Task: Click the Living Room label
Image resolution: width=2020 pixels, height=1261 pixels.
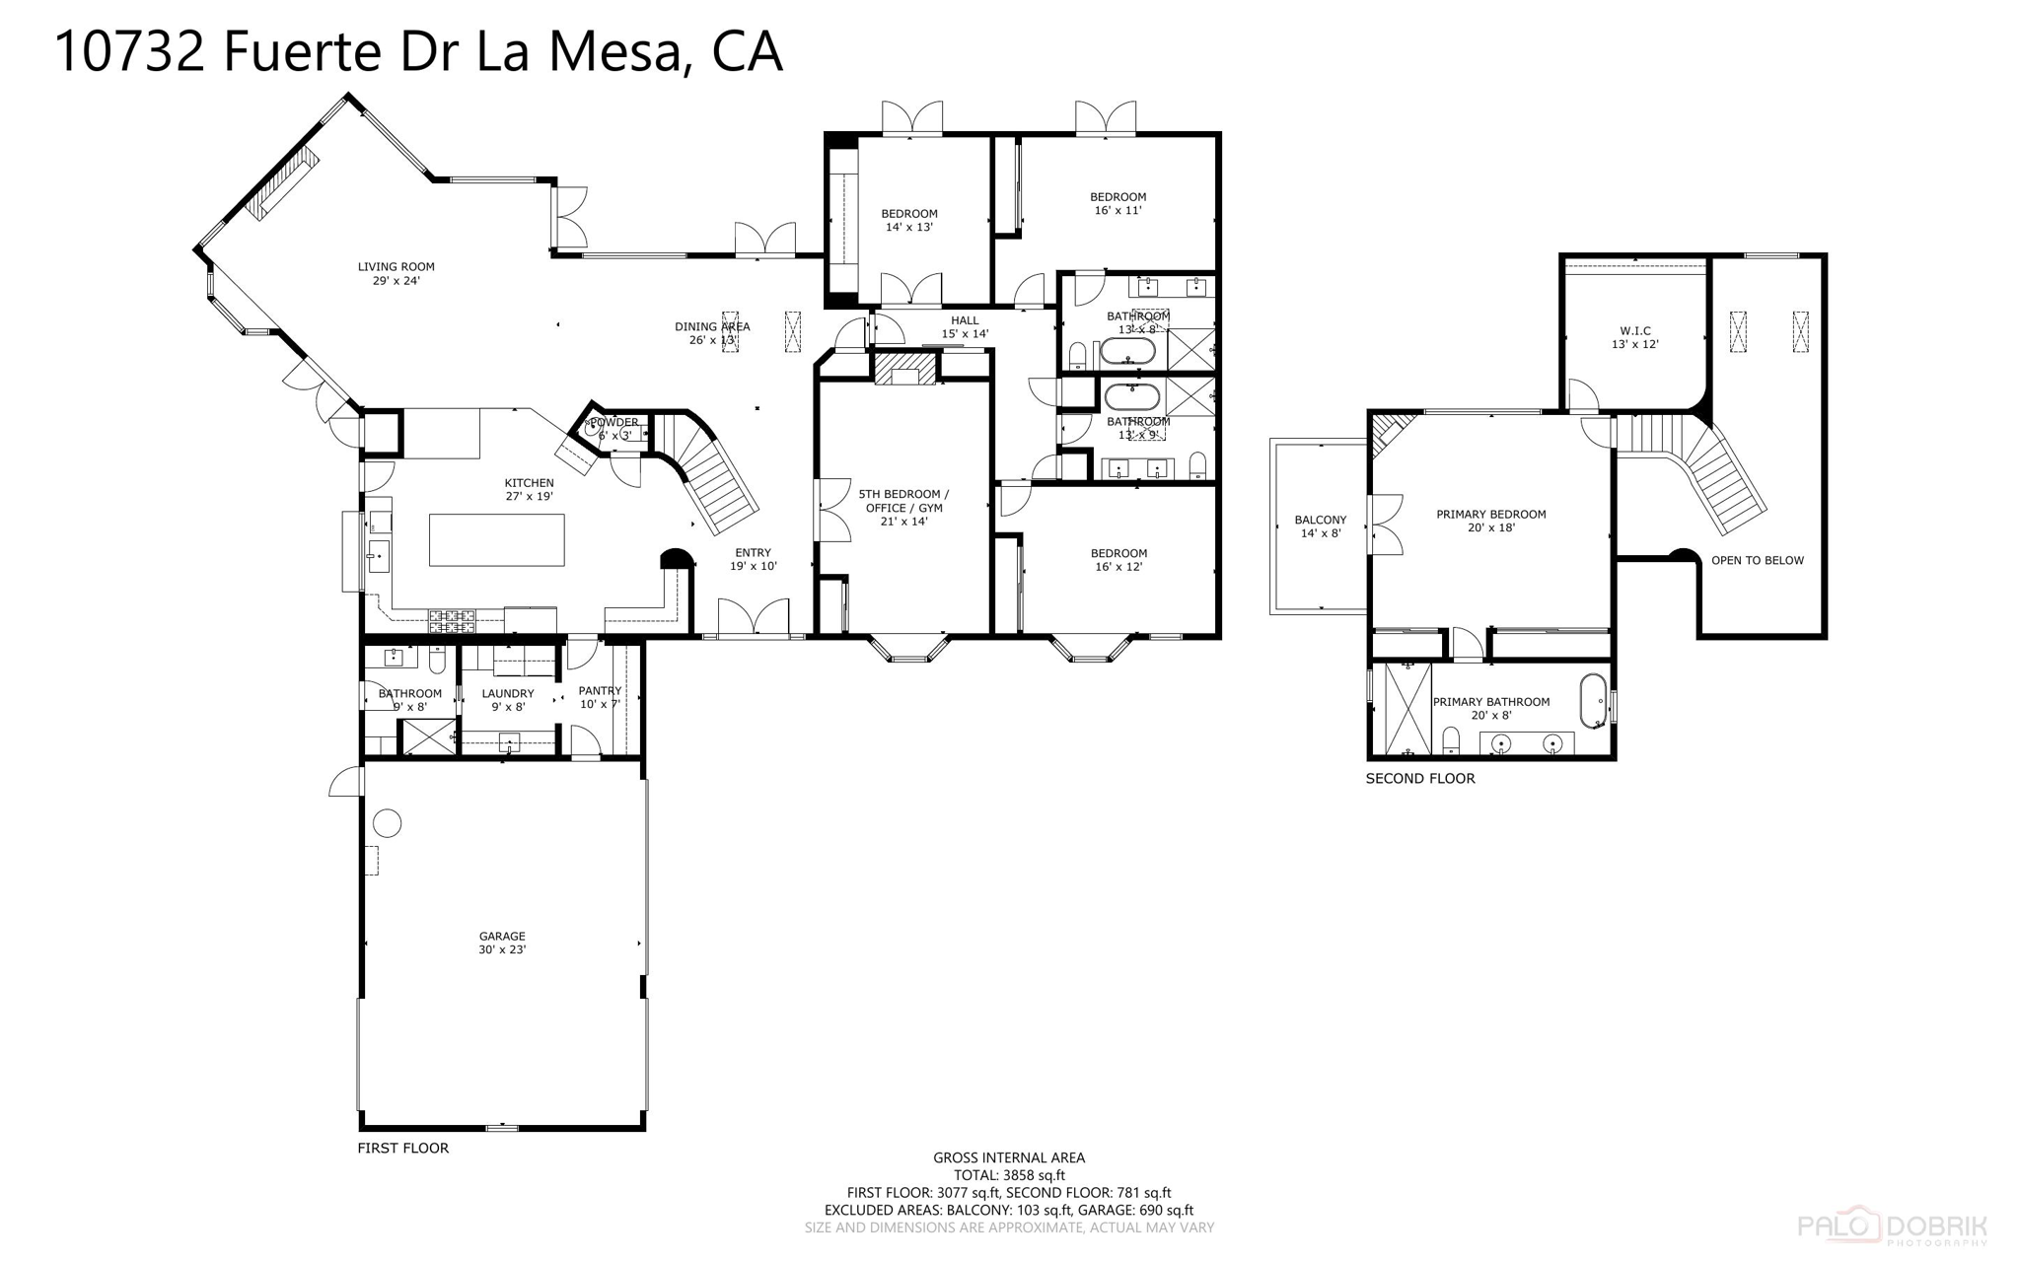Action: coord(396,273)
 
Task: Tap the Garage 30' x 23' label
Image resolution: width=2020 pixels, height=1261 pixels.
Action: coord(502,943)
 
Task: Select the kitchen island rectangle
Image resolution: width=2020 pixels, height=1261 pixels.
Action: coord(496,539)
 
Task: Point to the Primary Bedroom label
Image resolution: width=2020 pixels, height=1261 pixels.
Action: coord(1490,521)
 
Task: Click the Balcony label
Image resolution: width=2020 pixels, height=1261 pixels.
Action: coord(1320,526)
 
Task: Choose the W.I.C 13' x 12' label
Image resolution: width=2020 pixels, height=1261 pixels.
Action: coord(1634,337)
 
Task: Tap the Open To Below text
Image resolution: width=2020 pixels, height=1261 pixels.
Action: coord(1757,560)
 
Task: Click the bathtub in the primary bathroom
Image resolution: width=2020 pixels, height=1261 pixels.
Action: coord(1592,700)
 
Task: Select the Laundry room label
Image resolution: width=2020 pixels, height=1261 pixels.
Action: coord(507,699)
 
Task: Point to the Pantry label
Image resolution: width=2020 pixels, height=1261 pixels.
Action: coord(600,696)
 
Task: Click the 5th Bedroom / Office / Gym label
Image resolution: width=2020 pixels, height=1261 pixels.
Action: coord(902,507)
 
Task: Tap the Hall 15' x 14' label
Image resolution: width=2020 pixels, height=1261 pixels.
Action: coord(964,326)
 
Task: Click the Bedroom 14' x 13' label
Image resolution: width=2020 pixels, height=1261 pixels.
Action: coord(908,220)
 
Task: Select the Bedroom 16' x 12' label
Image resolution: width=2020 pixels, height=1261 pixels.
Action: coord(1118,559)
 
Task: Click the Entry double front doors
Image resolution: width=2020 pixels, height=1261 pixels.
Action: coord(753,618)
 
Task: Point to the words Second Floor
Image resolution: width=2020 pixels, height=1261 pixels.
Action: coord(1419,778)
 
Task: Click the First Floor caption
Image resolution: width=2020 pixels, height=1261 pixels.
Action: coord(402,1148)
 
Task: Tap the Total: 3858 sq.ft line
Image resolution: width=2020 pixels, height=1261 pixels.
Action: coord(1008,1175)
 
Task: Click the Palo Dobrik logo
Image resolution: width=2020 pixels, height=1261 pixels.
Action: coord(1892,1226)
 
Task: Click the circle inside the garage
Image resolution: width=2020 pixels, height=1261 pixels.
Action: coord(388,822)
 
